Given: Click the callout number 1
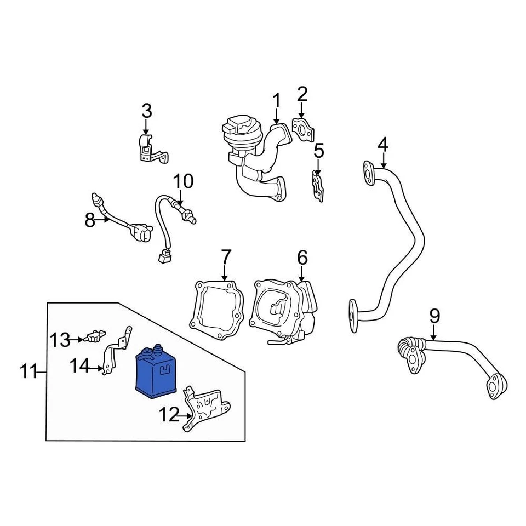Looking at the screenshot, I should click(277, 101).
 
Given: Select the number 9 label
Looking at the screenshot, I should click(434, 316).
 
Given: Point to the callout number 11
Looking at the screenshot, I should click(28, 373).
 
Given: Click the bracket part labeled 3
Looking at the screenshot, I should click(148, 150).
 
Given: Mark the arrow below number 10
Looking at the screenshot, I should click(181, 198).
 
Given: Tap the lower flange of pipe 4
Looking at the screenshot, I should click(354, 311).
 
